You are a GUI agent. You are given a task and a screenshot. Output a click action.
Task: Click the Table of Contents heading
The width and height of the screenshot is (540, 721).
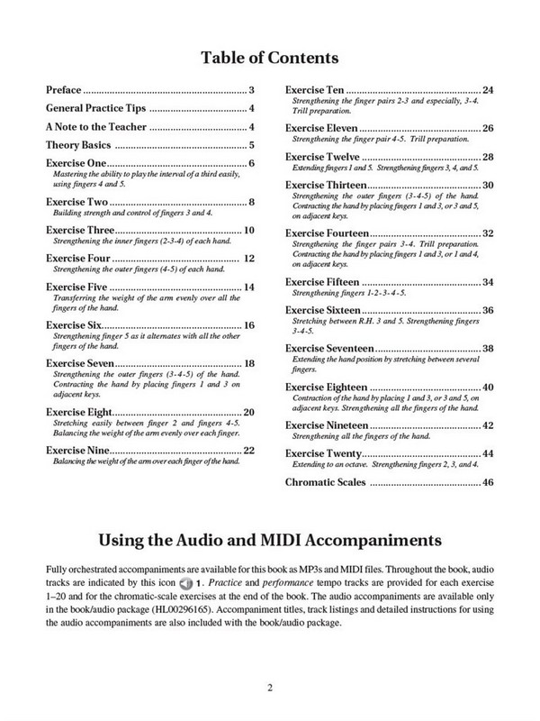[269, 59]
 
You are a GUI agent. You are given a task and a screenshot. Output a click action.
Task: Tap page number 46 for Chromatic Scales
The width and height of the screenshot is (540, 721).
[488, 483]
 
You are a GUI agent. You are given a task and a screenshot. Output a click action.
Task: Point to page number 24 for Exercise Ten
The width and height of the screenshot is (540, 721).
[488, 90]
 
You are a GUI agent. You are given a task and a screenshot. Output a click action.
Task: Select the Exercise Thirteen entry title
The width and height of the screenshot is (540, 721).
[327, 185]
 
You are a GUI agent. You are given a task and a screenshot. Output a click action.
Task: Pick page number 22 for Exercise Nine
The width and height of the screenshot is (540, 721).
[250, 449]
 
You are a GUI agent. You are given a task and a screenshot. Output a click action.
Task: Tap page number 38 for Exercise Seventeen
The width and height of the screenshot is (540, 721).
[488, 348]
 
